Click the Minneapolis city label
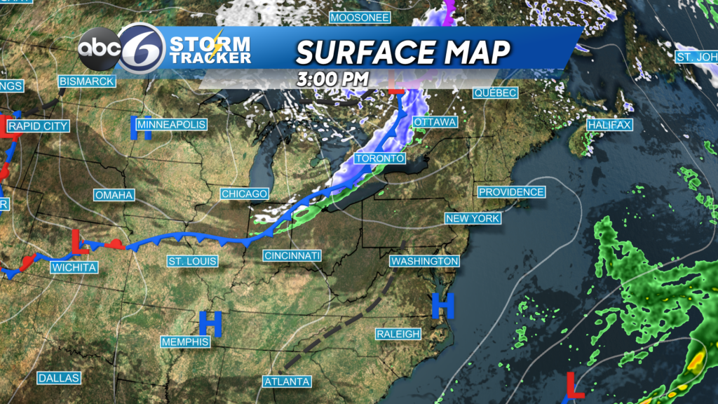[172, 125]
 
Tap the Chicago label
[245, 194]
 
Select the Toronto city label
[379, 159]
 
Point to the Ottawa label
[435, 123]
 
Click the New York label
[473, 219]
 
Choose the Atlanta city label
[287, 382]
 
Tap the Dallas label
[59, 378]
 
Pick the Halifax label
[609, 125]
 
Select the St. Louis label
[192, 262]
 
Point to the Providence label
[511, 192]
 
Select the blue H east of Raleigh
[442, 305]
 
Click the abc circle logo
[97, 50]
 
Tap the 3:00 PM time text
[332, 79]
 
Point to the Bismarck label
[86, 81]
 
